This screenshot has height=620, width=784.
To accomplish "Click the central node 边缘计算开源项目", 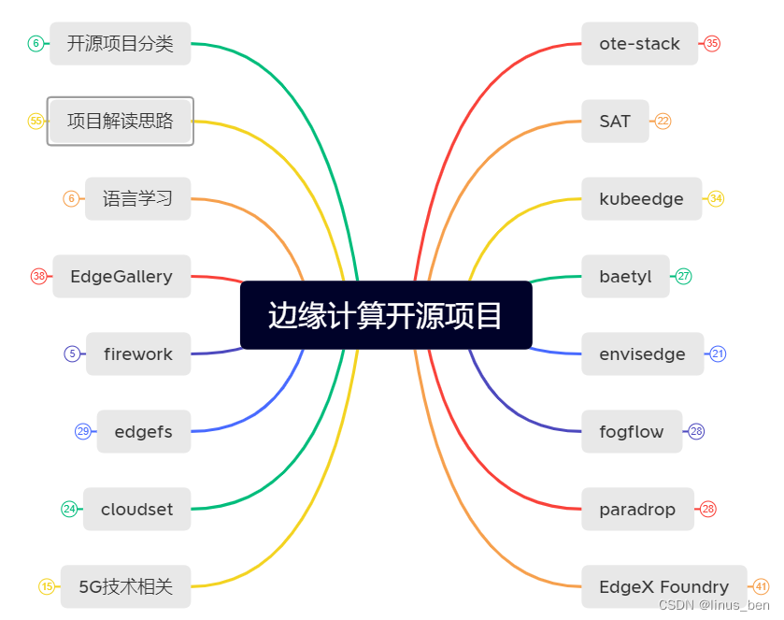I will pyautogui.click(x=386, y=315).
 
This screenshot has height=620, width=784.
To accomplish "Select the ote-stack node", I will pyautogui.click(x=639, y=44).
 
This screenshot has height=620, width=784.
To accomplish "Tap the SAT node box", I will pyautogui.click(x=615, y=122).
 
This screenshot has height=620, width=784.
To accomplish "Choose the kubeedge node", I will pyautogui.click(x=641, y=199).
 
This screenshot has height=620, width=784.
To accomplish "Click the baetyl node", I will pyautogui.click(x=625, y=277).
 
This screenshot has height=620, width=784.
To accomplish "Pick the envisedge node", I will pyautogui.click(x=642, y=354).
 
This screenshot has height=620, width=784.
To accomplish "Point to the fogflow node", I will pyautogui.click(x=632, y=432).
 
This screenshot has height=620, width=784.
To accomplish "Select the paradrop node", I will pyautogui.click(x=637, y=510).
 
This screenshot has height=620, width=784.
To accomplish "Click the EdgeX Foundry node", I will pyautogui.click(x=663, y=587).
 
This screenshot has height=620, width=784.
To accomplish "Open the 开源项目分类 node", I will pyautogui.click(x=120, y=44).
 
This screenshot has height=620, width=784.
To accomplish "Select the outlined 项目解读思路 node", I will pyautogui.click(x=120, y=122).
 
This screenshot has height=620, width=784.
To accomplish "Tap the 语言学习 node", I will pyautogui.click(x=137, y=199).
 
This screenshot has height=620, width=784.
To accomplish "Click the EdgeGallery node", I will pyautogui.click(x=121, y=277).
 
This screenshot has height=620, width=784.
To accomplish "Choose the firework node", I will pyautogui.click(x=138, y=354).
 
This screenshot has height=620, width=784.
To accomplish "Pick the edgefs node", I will pyautogui.click(x=143, y=432).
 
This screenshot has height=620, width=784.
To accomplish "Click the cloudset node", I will pyautogui.click(x=136, y=510).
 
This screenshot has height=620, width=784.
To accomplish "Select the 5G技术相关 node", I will pyautogui.click(x=125, y=587).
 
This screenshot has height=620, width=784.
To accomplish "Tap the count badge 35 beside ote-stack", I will pyautogui.click(x=712, y=44).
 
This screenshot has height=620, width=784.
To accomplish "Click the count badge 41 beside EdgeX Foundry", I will pyautogui.click(x=761, y=587).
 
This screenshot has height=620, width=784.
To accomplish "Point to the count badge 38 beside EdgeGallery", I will pyautogui.click(x=38, y=277).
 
